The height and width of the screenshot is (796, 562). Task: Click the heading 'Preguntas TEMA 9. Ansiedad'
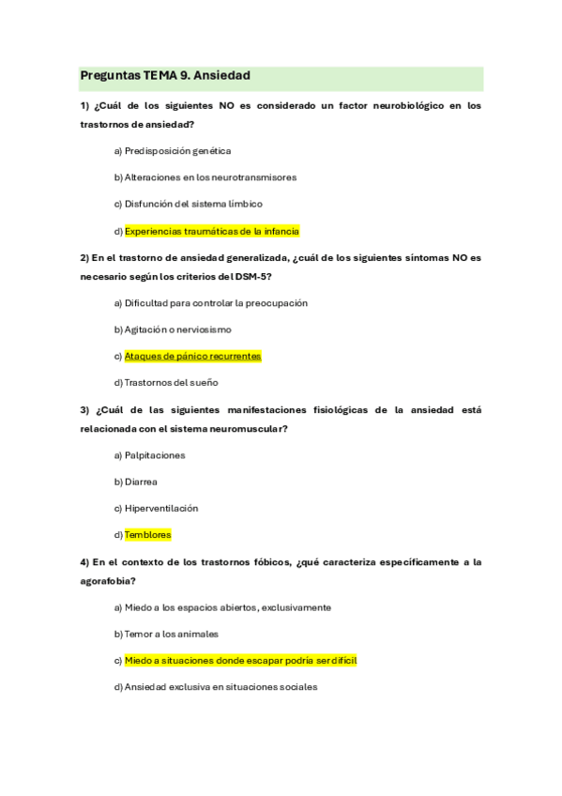click(x=164, y=75)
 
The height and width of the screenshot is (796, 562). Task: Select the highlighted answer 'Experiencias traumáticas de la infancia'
click(x=211, y=230)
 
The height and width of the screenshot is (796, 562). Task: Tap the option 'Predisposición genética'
click(x=177, y=150)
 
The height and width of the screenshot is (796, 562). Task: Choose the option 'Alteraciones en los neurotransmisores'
click(x=210, y=176)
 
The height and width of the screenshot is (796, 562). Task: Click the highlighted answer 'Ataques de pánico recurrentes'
click(x=192, y=356)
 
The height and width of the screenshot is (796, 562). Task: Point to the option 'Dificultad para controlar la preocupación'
click(x=216, y=303)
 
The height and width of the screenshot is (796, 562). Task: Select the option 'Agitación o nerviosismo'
click(x=177, y=329)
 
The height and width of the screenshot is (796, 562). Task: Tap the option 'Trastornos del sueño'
click(x=171, y=382)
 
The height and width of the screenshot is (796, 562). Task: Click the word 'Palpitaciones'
click(x=155, y=455)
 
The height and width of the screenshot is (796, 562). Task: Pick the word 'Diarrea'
click(x=141, y=482)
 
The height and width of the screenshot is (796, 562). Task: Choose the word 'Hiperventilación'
click(x=161, y=508)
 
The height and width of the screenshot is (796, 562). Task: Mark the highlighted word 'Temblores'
click(x=147, y=534)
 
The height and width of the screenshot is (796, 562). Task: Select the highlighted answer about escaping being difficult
click(x=240, y=660)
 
